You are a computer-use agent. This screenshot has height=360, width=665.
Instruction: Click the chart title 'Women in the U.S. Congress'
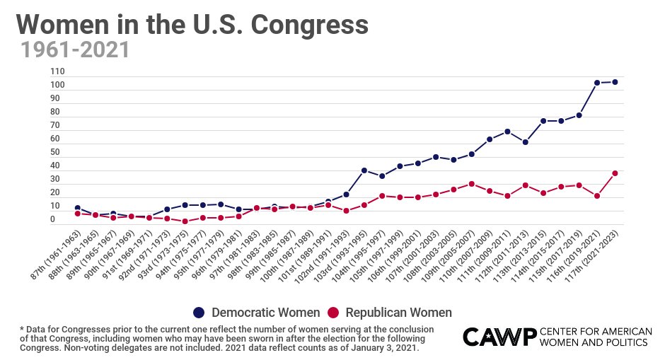(x=192, y=25)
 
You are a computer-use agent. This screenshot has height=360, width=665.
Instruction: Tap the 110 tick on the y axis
(x=58, y=72)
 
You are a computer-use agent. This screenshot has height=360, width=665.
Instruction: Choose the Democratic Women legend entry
(x=256, y=313)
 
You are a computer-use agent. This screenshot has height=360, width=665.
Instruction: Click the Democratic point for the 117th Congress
(x=615, y=82)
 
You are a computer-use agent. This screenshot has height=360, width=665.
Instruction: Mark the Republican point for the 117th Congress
(x=615, y=173)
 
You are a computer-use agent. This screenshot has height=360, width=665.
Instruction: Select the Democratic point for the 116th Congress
(x=597, y=83)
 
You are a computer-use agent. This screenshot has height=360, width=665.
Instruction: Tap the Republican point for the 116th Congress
(x=597, y=196)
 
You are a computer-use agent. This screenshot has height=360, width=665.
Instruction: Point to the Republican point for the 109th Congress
(x=471, y=184)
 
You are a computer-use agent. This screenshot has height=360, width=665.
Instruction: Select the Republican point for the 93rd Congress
(x=185, y=221)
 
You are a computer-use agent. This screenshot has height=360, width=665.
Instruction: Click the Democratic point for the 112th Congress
(x=525, y=142)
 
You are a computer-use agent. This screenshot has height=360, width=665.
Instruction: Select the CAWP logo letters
(x=498, y=337)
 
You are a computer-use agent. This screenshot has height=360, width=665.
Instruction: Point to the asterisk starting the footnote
(x=22, y=329)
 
